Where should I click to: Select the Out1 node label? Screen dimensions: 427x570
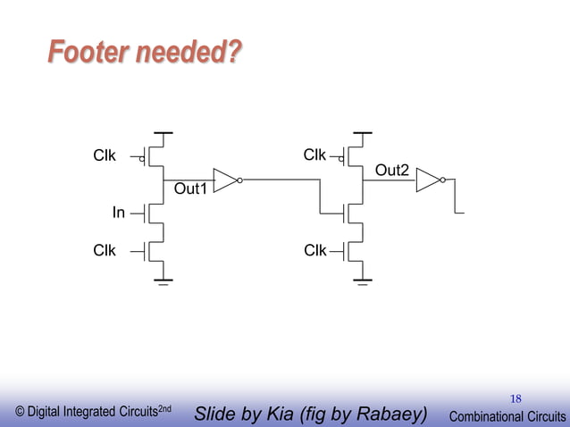pyautogui.click(x=189, y=189)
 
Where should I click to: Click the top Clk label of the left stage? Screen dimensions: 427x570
pyautogui.click(x=105, y=155)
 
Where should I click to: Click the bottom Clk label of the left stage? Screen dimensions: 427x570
pyautogui.click(x=105, y=250)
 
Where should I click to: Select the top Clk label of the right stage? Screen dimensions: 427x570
pyautogui.click(x=314, y=155)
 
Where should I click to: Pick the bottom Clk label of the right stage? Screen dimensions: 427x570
pyautogui.click(x=314, y=250)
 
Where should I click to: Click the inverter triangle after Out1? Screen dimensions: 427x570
pyautogui.click(x=225, y=180)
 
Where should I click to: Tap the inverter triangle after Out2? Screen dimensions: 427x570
pyautogui.click(x=428, y=180)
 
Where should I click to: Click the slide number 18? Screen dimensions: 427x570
pyautogui.click(x=516, y=398)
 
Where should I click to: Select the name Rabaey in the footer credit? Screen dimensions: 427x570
pyautogui.click(x=390, y=414)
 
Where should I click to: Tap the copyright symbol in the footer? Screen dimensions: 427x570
pyautogui.click(x=20, y=413)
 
